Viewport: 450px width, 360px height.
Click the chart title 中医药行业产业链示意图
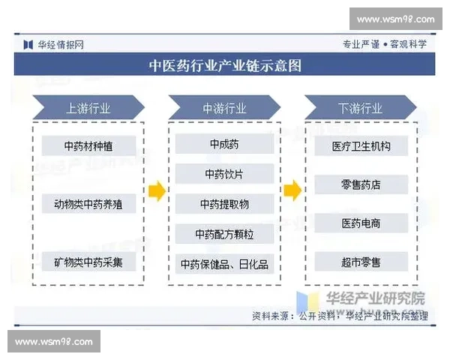point(225,65)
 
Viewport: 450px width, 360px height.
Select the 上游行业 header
point(88,108)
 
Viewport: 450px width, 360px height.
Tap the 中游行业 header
point(224,108)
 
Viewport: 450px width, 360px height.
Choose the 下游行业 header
point(360,108)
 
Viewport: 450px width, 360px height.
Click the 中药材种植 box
point(88,145)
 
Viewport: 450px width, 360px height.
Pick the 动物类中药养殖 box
point(88,203)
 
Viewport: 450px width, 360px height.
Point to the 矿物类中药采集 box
point(88,262)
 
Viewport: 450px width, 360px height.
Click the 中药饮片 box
point(224,174)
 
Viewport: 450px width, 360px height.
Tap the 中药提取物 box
point(224,204)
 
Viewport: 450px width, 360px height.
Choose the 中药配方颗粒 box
point(224,234)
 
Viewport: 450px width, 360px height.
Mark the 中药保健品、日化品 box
point(224,264)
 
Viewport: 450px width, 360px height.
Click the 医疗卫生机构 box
point(361,145)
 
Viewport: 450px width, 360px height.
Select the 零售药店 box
point(361,184)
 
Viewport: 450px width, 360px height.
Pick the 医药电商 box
point(361,223)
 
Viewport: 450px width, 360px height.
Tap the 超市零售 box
point(361,262)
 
